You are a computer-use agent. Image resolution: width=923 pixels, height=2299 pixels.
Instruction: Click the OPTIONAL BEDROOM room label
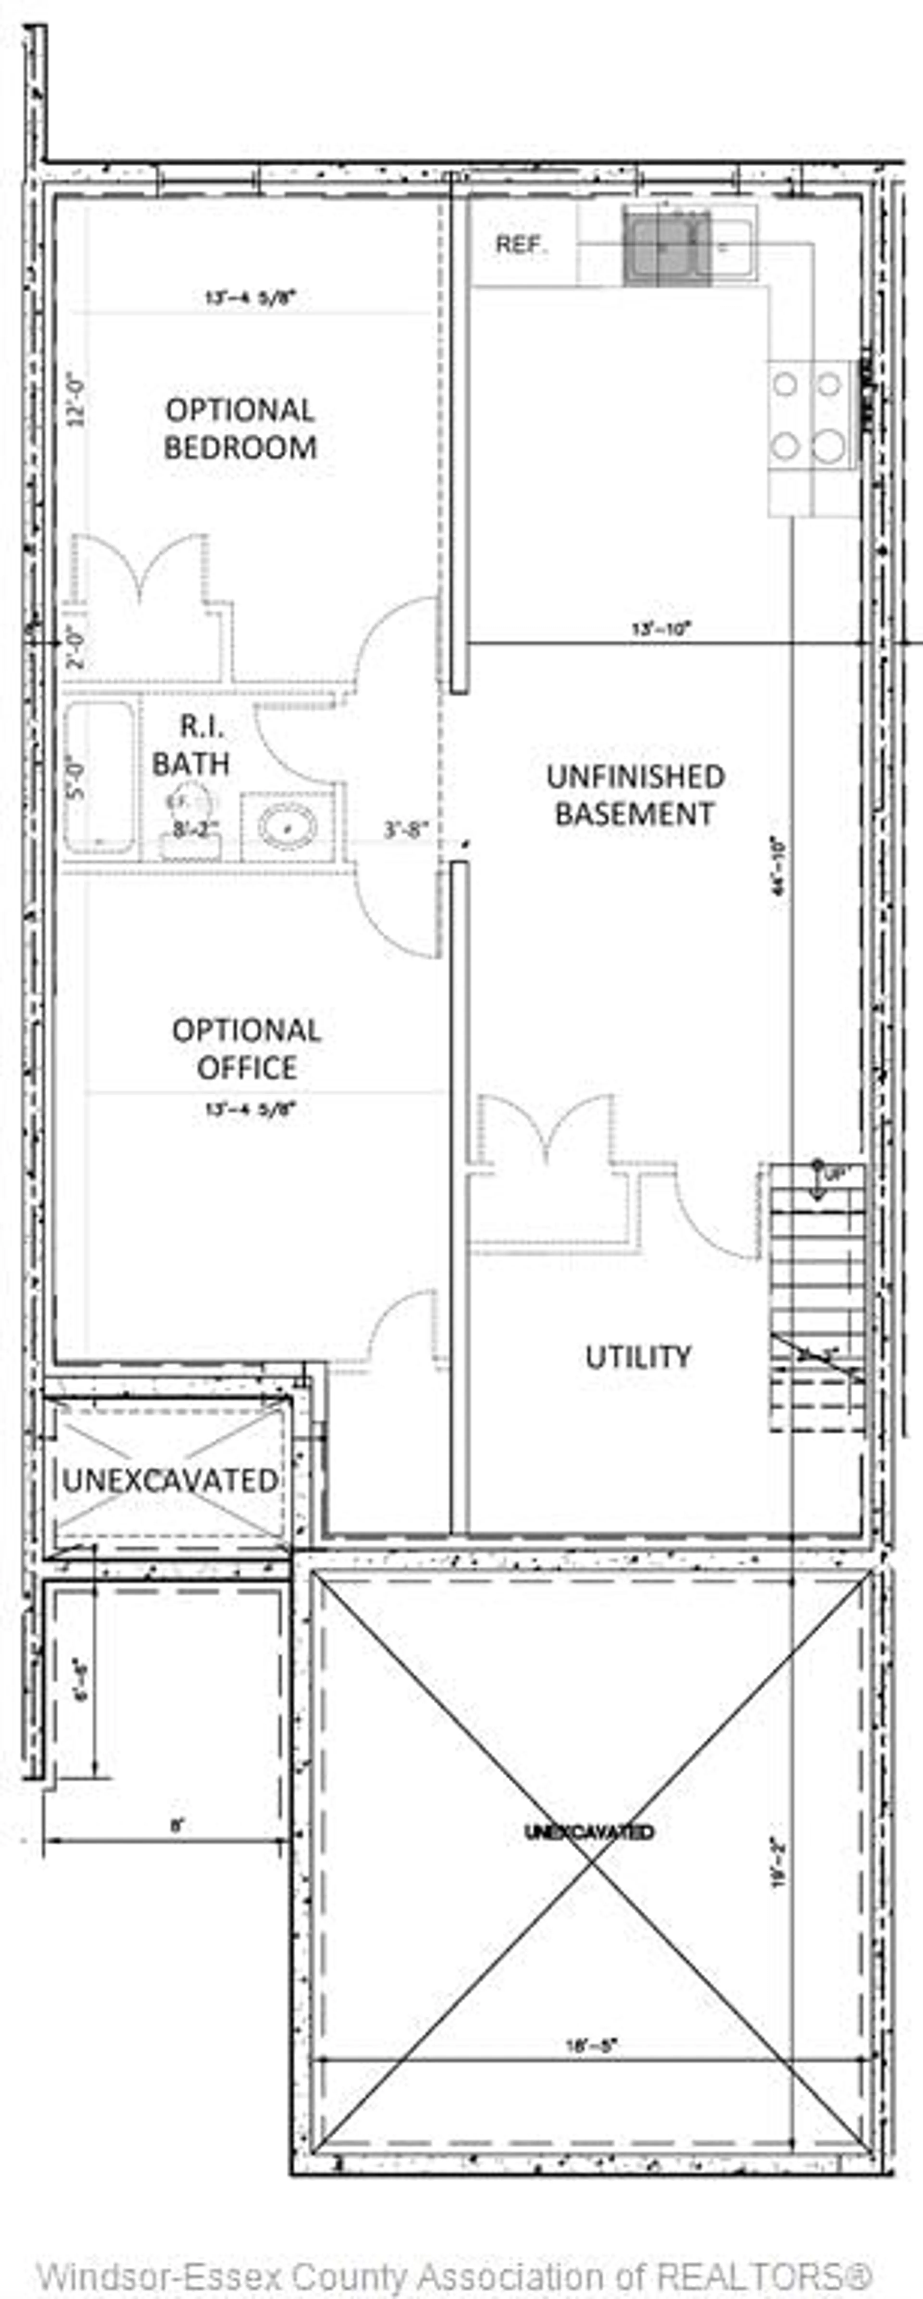tap(240, 428)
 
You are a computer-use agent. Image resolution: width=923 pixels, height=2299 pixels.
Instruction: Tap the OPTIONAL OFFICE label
tap(246, 1049)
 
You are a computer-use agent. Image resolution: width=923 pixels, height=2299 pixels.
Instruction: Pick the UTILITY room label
tap(637, 1357)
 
